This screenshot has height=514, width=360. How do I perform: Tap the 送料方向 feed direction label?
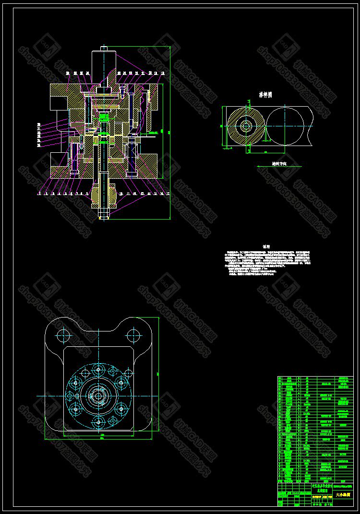pos(279,163)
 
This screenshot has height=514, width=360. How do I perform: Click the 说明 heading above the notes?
pos(266,246)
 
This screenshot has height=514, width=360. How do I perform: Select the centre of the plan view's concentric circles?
pos(99,396)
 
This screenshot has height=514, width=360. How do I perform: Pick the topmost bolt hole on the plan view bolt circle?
pos(99,370)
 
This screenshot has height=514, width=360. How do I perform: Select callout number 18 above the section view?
pos(163,73)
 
